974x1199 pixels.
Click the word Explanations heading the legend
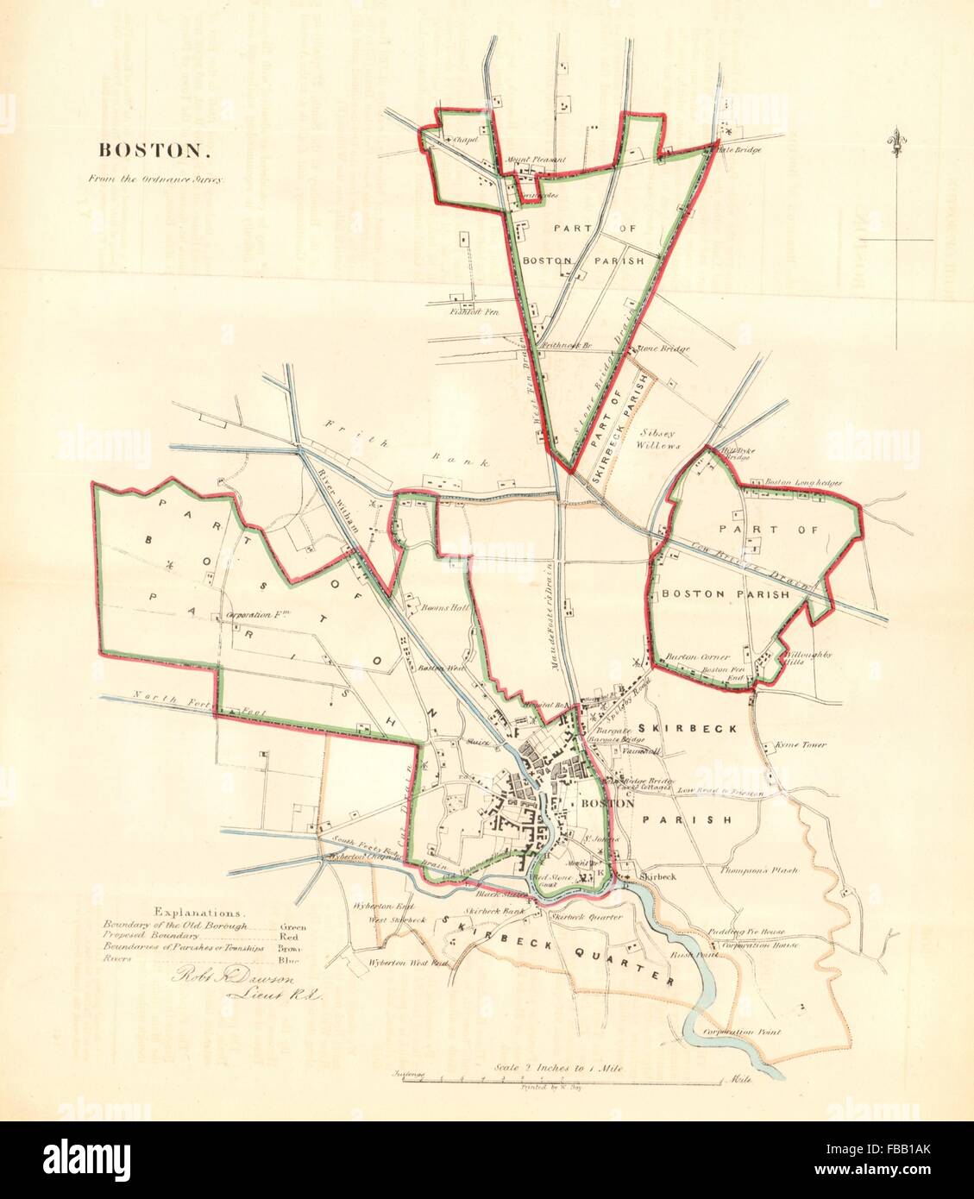[198, 912]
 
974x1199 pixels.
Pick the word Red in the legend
[288, 935]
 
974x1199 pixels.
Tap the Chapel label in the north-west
[464, 138]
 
